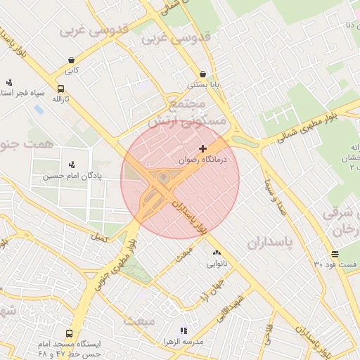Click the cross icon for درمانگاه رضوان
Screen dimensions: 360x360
pos(203,148)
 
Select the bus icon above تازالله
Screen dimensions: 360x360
pos(60,89)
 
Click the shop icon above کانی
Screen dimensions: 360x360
pos(72,60)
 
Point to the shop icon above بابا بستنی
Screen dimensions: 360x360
pos(203,74)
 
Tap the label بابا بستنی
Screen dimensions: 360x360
pos(203,85)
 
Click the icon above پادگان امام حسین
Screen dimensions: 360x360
pos(72,165)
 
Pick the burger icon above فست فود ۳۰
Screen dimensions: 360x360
pos(335,254)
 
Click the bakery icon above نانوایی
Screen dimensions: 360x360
pos(216,253)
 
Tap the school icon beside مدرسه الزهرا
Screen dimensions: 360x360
pos(184,330)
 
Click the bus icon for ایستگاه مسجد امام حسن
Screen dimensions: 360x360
pos(69,333)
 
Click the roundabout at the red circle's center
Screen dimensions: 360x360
pos(163,179)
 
